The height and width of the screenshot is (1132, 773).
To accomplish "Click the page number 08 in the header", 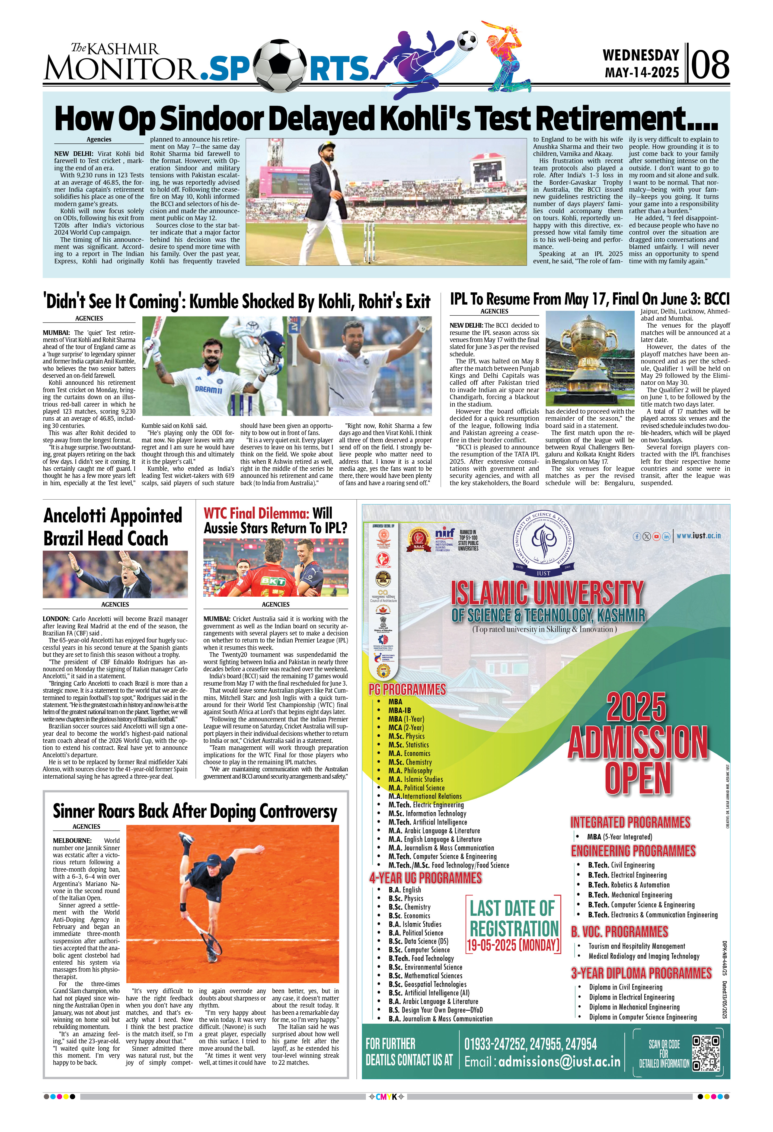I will (709, 65).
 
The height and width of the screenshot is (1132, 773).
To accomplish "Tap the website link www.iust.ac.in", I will (698, 535).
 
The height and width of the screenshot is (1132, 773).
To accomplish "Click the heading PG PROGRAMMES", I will (407, 690).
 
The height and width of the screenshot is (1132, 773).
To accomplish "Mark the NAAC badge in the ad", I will (419, 541).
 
